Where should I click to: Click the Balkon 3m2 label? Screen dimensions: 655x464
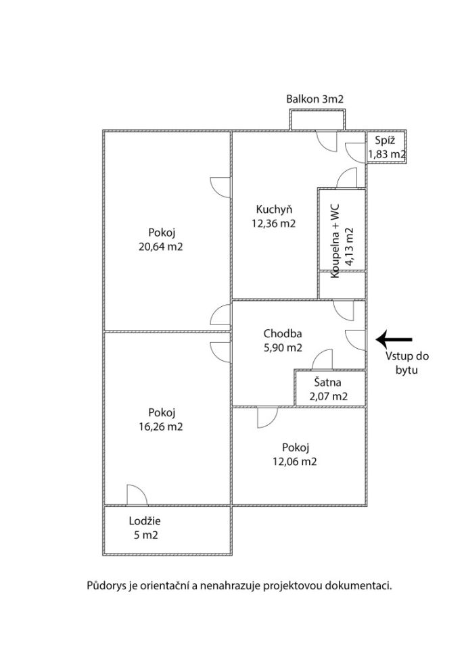coord(315,99)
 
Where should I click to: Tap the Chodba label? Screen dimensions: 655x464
coord(282,333)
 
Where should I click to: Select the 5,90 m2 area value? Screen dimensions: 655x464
coord(282,348)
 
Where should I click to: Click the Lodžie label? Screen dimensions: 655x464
coord(145,520)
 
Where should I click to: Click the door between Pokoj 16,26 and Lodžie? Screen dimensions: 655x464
coord(135,495)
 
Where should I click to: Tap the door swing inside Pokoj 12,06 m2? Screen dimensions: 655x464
coord(266,417)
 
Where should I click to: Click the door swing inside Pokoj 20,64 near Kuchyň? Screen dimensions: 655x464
coord(221,186)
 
